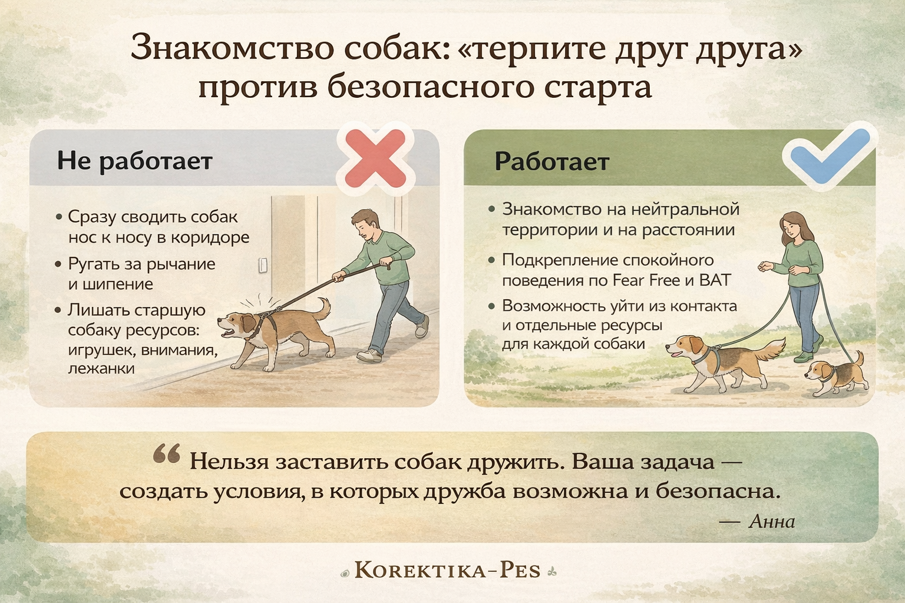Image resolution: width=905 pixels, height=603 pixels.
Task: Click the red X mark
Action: pyautogui.click(x=376, y=158)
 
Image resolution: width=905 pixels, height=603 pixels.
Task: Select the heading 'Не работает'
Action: pyautogui.click(x=134, y=161)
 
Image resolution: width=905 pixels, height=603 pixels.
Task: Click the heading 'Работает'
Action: pyautogui.click(x=552, y=161)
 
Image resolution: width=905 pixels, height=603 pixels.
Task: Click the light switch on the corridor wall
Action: pyautogui.click(x=263, y=266)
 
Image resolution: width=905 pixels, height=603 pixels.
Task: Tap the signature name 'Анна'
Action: pyautogui.click(x=772, y=522)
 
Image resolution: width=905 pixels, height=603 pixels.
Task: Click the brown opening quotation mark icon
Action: pyautogui.click(x=167, y=453)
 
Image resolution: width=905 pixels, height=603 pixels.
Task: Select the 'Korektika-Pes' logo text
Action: pyautogui.click(x=448, y=571)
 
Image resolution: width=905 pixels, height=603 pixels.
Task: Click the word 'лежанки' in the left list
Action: pyautogui.click(x=101, y=369)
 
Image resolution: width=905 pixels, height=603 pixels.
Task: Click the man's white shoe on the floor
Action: pyautogui.click(x=369, y=356)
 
